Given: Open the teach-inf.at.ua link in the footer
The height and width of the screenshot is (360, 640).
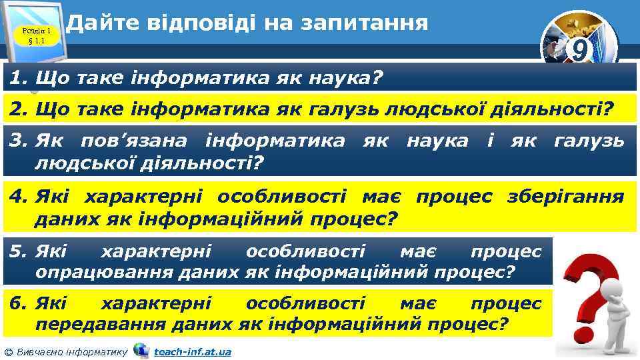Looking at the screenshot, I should click(192, 351).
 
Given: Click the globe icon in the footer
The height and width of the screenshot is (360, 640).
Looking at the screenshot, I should click(141, 350).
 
